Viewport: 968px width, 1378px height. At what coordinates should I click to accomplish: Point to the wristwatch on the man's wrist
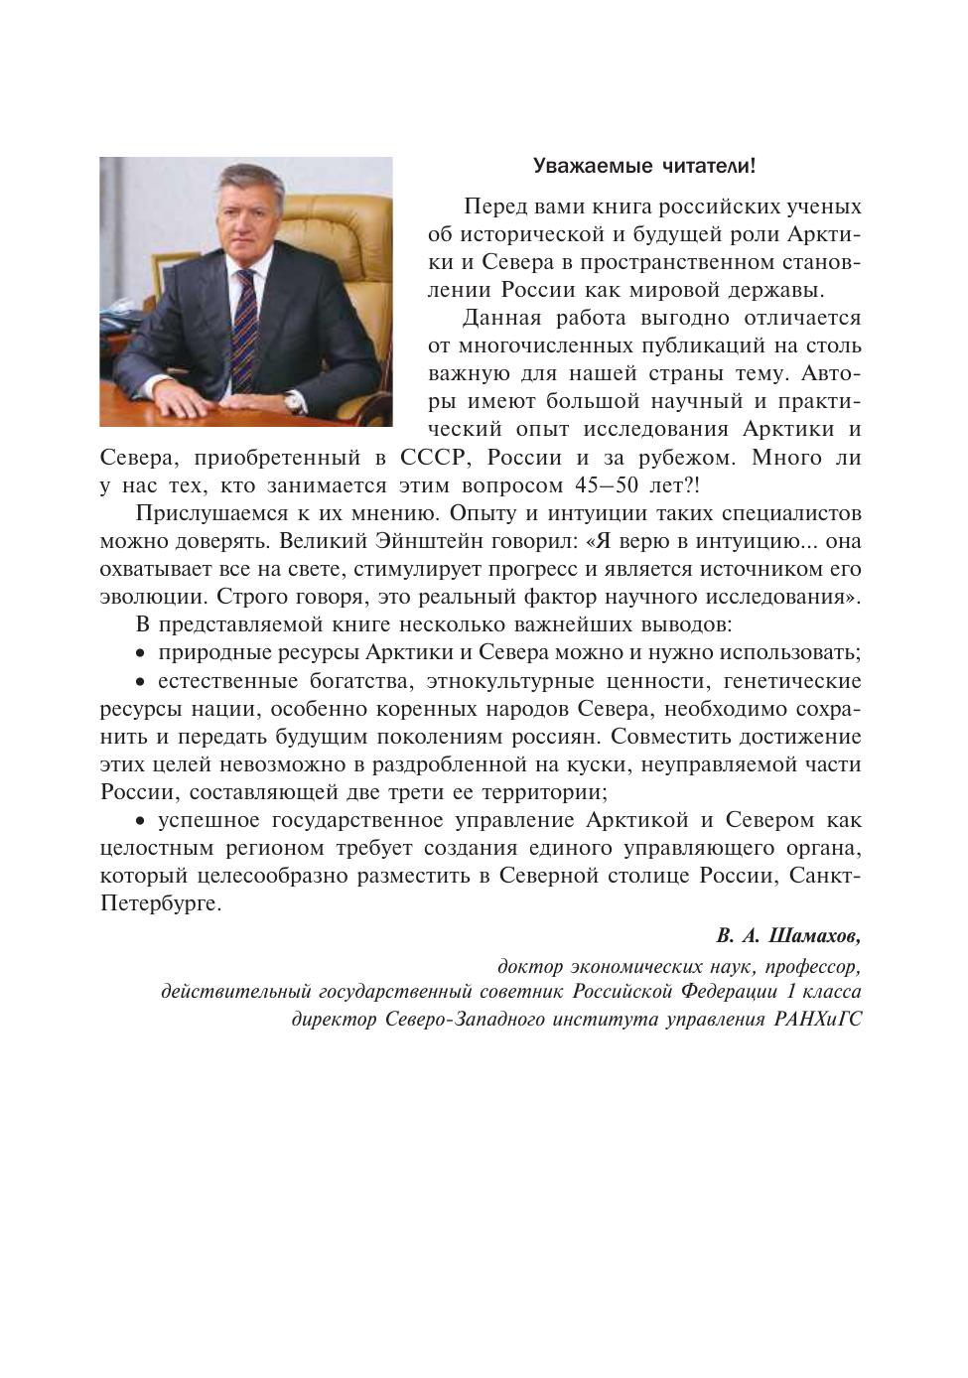(294, 400)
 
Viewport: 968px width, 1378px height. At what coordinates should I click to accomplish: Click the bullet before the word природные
(140, 654)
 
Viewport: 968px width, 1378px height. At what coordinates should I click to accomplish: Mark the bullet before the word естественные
(140, 682)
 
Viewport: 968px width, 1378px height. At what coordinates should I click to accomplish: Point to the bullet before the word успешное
(140, 821)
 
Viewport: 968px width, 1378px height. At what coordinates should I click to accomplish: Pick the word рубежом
(684, 459)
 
